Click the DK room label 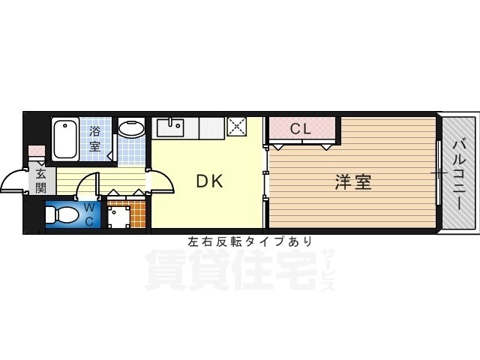(x=210, y=181)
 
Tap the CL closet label (x=301, y=129)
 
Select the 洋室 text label (x=352, y=181)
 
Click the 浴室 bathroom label (x=96, y=139)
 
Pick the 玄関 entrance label (x=40, y=181)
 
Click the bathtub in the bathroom (x=66, y=137)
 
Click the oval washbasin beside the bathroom (x=133, y=128)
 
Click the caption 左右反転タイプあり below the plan (x=250, y=241)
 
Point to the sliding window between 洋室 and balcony (x=437, y=173)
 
